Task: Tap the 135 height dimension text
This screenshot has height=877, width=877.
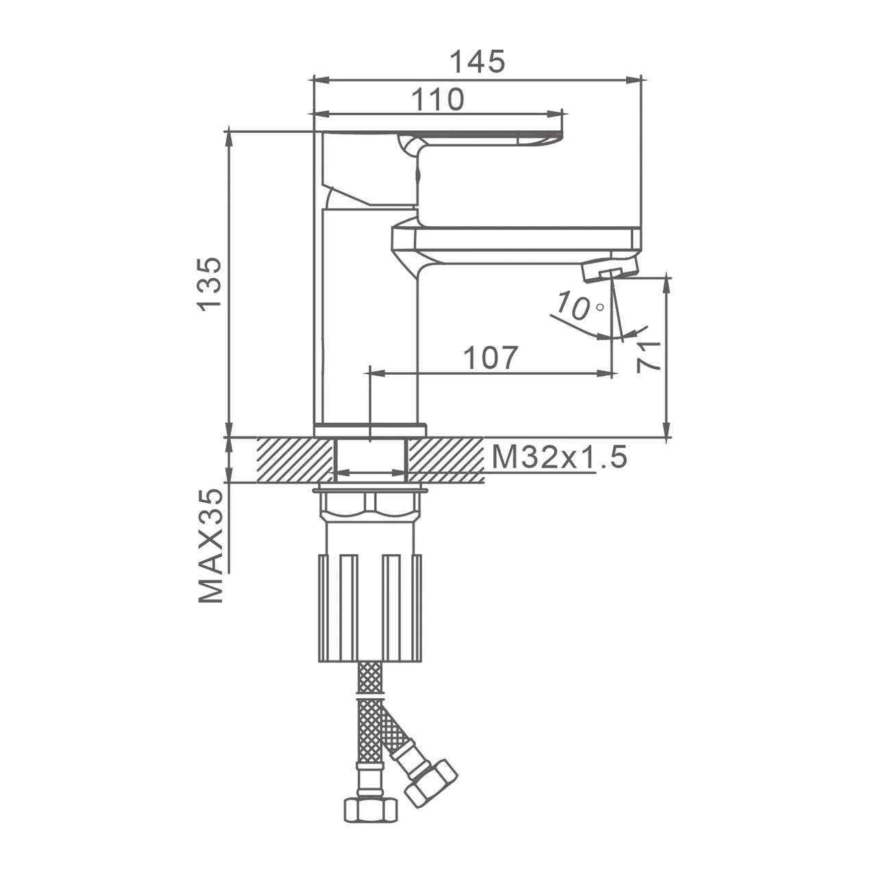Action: click(x=210, y=284)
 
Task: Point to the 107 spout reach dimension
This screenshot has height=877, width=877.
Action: click(x=490, y=358)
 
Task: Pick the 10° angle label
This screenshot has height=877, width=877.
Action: click(x=579, y=306)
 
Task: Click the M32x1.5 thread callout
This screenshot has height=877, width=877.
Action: click(x=559, y=457)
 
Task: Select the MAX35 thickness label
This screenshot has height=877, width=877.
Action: click(x=211, y=546)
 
